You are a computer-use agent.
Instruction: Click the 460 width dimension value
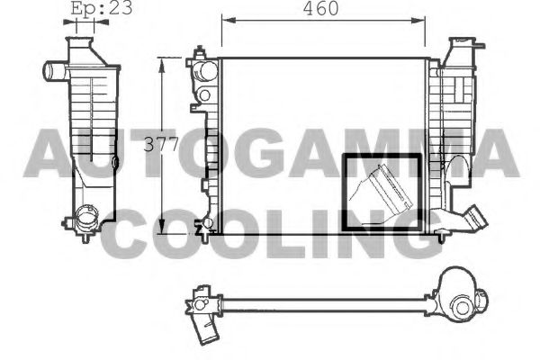320,9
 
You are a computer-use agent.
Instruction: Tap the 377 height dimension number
161,144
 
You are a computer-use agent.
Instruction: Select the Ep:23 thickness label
102,7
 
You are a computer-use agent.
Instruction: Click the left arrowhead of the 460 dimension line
229,21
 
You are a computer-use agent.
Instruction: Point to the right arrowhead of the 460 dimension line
418,21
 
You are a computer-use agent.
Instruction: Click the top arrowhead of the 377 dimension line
161,65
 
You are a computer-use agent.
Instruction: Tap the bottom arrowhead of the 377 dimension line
161,227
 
